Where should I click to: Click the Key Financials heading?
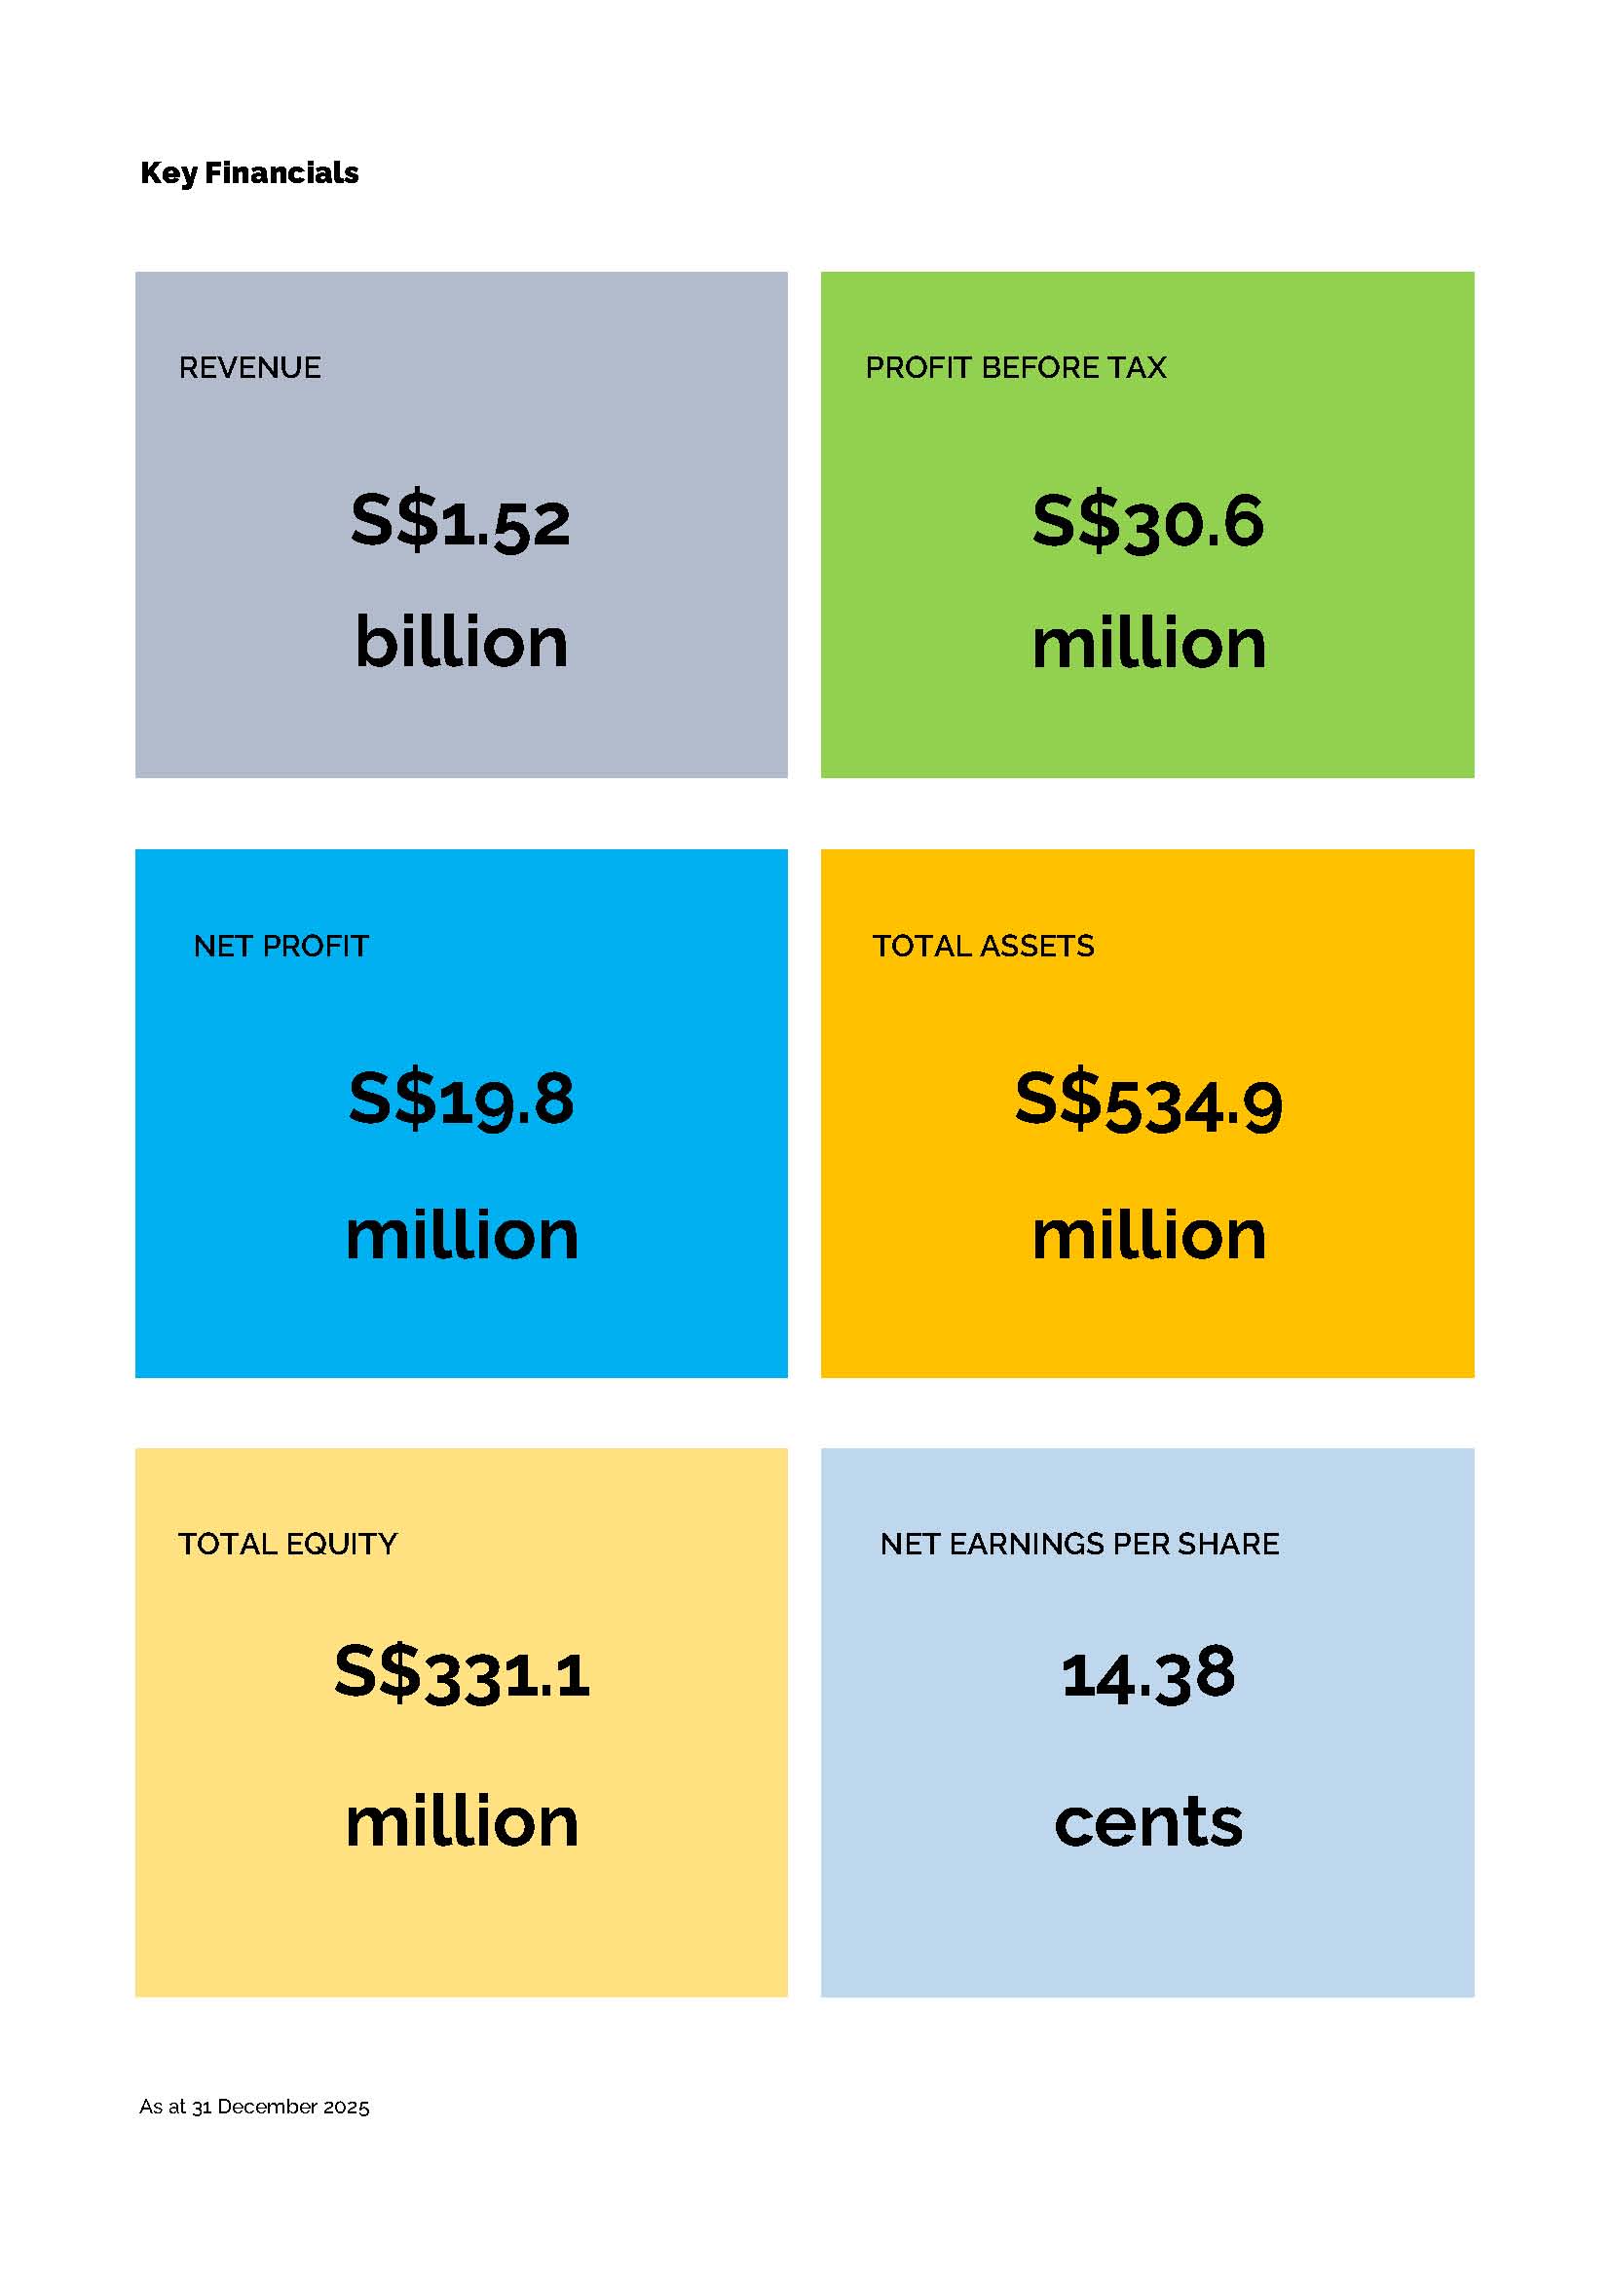point(249,172)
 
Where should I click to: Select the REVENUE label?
point(250,368)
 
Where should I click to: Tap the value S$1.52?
point(461,521)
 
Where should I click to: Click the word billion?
point(462,642)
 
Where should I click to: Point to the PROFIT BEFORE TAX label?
point(1015,368)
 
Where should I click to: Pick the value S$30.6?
point(1147,521)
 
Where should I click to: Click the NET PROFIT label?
point(281,947)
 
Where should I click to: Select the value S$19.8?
point(461,1100)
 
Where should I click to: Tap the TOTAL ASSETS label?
point(983,947)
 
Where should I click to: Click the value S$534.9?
point(1147,1102)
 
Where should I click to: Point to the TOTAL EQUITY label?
point(287,1544)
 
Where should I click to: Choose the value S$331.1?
point(462,1674)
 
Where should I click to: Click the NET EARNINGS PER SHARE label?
point(1079,1544)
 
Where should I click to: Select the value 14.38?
point(1147,1674)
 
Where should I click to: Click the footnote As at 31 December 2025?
point(254,2107)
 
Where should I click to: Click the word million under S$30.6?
point(1148,644)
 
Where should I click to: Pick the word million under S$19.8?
point(462,1235)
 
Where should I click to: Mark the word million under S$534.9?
point(1148,1235)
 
